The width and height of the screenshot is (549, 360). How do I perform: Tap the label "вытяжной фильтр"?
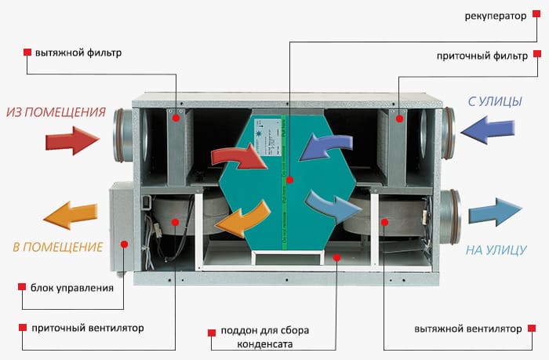point(78,53)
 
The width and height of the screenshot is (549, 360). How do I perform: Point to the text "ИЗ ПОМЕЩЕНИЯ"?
point(56,112)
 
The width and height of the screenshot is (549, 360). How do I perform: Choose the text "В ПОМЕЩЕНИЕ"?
point(57,247)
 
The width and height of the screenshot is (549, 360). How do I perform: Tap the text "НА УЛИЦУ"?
point(496,251)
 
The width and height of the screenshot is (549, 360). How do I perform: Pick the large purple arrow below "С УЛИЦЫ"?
point(489,129)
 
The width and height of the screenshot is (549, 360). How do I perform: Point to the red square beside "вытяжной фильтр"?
point(27,53)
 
